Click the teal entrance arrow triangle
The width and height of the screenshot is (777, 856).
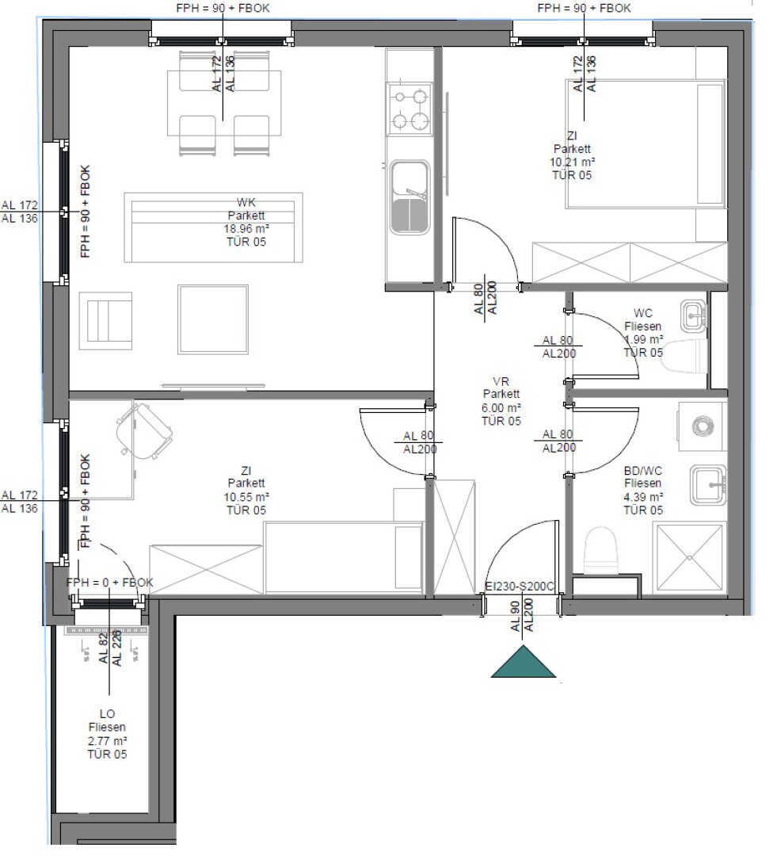tap(524, 663)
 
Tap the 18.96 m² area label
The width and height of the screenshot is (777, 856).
tap(246, 228)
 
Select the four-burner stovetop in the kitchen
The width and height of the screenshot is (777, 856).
tap(409, 109)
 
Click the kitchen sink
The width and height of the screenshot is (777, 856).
tap(409, 198)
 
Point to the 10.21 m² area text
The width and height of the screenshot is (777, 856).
tap(571, 162)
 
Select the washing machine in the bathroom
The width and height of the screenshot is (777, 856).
tap(701, 426)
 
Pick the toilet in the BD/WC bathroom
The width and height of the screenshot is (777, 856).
tap(600, 549)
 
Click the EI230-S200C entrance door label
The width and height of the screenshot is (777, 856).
tap(519, 587)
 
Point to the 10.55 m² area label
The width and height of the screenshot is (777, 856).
tap(246, 497)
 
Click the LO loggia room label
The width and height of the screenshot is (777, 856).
tap(106, 713)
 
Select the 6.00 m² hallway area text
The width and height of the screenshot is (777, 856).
tap(501, 407)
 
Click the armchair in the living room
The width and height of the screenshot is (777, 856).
tap(105, 320)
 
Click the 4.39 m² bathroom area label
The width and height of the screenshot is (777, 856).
tap(642, 497)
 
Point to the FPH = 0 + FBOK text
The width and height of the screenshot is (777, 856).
tap(110, 583)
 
